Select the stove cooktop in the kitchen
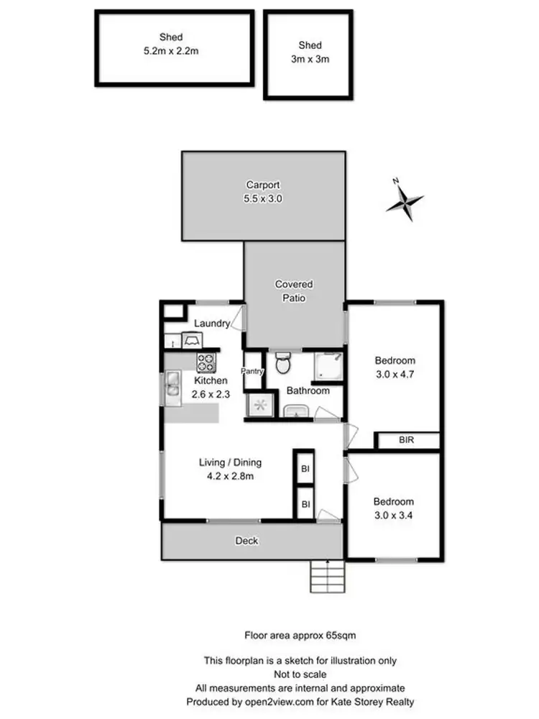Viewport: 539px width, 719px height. click(206, 362)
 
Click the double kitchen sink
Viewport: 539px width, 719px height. click(172, 388)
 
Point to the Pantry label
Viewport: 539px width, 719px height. click(253, 372)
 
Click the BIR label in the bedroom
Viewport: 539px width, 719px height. click(407, 440)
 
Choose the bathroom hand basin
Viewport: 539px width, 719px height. click(295, 412)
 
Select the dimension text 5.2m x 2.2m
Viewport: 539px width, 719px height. click(172, 51)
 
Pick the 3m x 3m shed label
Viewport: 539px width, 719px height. click(310, 59)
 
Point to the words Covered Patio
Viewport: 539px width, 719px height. click(294, 291)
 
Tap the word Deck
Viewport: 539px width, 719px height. click(247, 541)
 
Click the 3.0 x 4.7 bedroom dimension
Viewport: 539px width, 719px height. click(395, 374)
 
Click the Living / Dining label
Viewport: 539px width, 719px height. click(230, 462)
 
